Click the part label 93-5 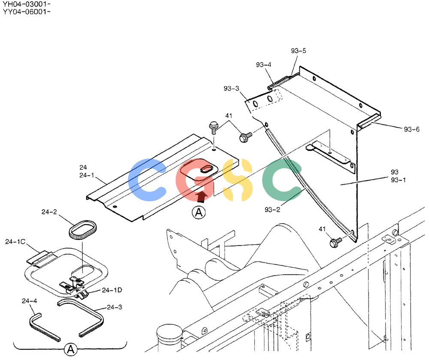coord(298,51)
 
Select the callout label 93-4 coord(263,65)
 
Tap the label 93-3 coord(231,89)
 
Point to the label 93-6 coord(411,129)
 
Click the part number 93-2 coord(272,210)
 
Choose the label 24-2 coord(49,212)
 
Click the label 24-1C coord(15,242)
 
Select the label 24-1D coord(112,290)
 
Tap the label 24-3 coord(115,307)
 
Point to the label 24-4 coord(29,301)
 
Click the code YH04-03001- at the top coord(27,4)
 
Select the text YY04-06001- coord(27,12)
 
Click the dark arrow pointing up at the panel coord(202,197)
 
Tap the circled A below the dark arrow coord(199,213)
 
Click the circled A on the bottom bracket coord(71,349)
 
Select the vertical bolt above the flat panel coord(213,128)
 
